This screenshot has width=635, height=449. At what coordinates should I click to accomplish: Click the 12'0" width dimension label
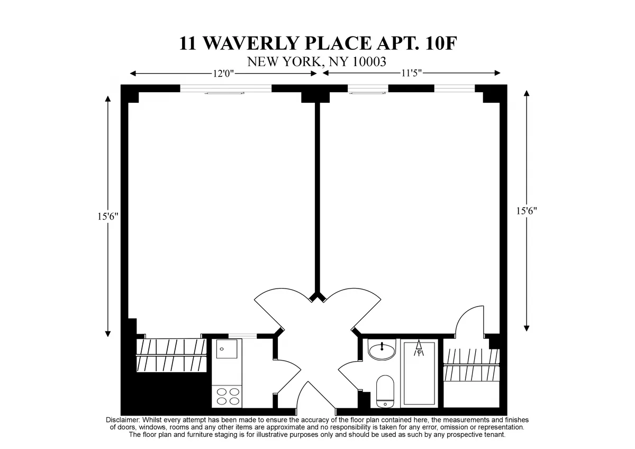coord(223,74)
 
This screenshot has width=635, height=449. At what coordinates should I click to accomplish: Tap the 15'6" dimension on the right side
coord(527,211)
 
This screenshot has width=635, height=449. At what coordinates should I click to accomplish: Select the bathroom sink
coord(382,351)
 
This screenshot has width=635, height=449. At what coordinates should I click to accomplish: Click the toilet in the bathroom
coord(385,391)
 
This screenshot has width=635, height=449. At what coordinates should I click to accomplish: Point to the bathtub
coord(419,373)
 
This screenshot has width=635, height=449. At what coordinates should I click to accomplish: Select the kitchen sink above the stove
coord(226,352)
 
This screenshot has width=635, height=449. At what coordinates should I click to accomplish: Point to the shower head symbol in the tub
coord(419,348)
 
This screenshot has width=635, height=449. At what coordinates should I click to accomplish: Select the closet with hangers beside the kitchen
coord(170,355)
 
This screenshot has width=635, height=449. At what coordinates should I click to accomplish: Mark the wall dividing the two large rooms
coord(317,196)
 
